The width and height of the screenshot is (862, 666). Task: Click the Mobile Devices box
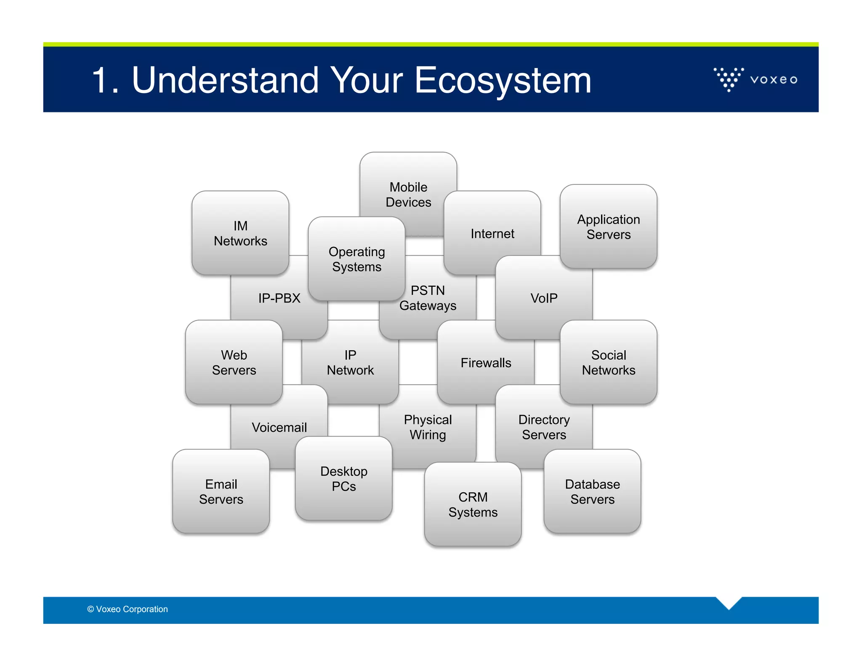(408, 194)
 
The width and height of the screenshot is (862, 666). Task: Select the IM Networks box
(240, 233)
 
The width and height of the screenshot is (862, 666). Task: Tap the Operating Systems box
(357, 259)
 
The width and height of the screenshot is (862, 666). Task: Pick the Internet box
(492, 233)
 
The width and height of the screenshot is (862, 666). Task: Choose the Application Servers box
(608, 226)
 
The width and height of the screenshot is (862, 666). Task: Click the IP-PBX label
(279, 298)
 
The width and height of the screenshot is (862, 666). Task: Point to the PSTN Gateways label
(428, 298)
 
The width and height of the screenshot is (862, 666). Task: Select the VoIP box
(543, 298)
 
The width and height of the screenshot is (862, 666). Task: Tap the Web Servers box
(234, 362)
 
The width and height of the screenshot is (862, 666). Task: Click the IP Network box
(350, 362)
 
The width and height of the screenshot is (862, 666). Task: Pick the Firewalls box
(486, 362)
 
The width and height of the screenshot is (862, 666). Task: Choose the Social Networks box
(608, 362)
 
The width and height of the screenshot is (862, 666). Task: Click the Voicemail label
(279, 427)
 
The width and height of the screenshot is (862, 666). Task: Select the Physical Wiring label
(428, 427)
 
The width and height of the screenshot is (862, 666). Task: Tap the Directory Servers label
(544, 427)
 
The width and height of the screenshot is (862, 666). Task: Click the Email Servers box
(221, 491)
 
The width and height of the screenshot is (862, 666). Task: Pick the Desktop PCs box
(343, 479)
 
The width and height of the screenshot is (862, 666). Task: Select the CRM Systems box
(473, 504)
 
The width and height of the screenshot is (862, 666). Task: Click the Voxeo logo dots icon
(728, 79)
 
